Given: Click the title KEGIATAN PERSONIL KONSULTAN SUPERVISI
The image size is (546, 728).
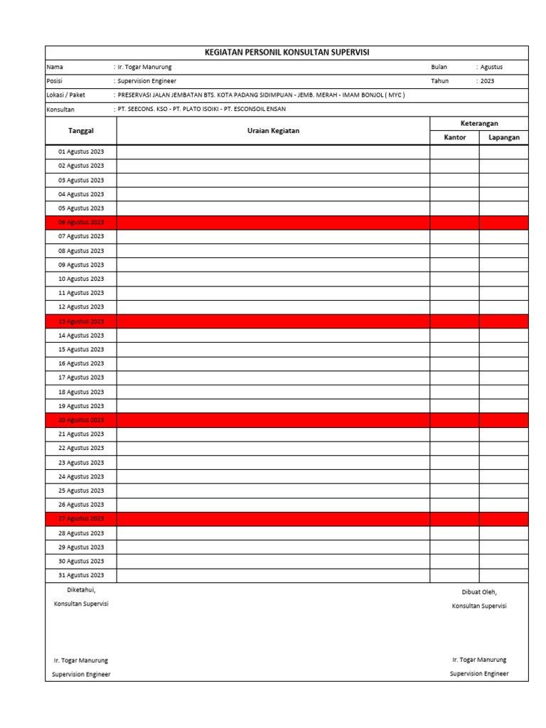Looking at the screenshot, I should pos(287,53).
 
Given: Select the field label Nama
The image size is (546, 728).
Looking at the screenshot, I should pos(55,67).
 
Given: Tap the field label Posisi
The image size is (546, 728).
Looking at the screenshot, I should pos(55,81).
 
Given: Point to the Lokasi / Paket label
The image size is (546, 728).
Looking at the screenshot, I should pos(65,95).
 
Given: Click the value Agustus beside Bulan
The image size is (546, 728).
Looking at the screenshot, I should pos(491,67).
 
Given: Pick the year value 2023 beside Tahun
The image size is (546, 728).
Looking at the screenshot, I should pos(487,81).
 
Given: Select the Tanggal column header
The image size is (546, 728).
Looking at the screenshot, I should pos(81,131).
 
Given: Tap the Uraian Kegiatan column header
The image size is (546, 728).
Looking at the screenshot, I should pos(273,131).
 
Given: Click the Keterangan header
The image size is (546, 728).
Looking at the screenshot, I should pos(479,124).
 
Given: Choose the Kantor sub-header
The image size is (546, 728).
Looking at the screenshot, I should pos(454,137).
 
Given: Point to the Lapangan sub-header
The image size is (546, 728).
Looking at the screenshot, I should pos(504,137).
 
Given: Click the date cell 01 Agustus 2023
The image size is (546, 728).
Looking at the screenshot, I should pos(81,151).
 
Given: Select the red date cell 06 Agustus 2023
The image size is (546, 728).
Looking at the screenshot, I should pos(81,223).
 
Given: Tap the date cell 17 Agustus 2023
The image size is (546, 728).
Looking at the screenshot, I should pos(81,378).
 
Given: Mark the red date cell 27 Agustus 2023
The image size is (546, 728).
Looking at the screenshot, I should pos(81,519).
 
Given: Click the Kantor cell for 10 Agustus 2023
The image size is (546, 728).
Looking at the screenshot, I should pos(454,279).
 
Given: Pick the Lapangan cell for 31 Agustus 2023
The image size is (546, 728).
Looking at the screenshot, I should pos(504,575).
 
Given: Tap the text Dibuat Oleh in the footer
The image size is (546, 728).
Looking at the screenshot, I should pos(479,591).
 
